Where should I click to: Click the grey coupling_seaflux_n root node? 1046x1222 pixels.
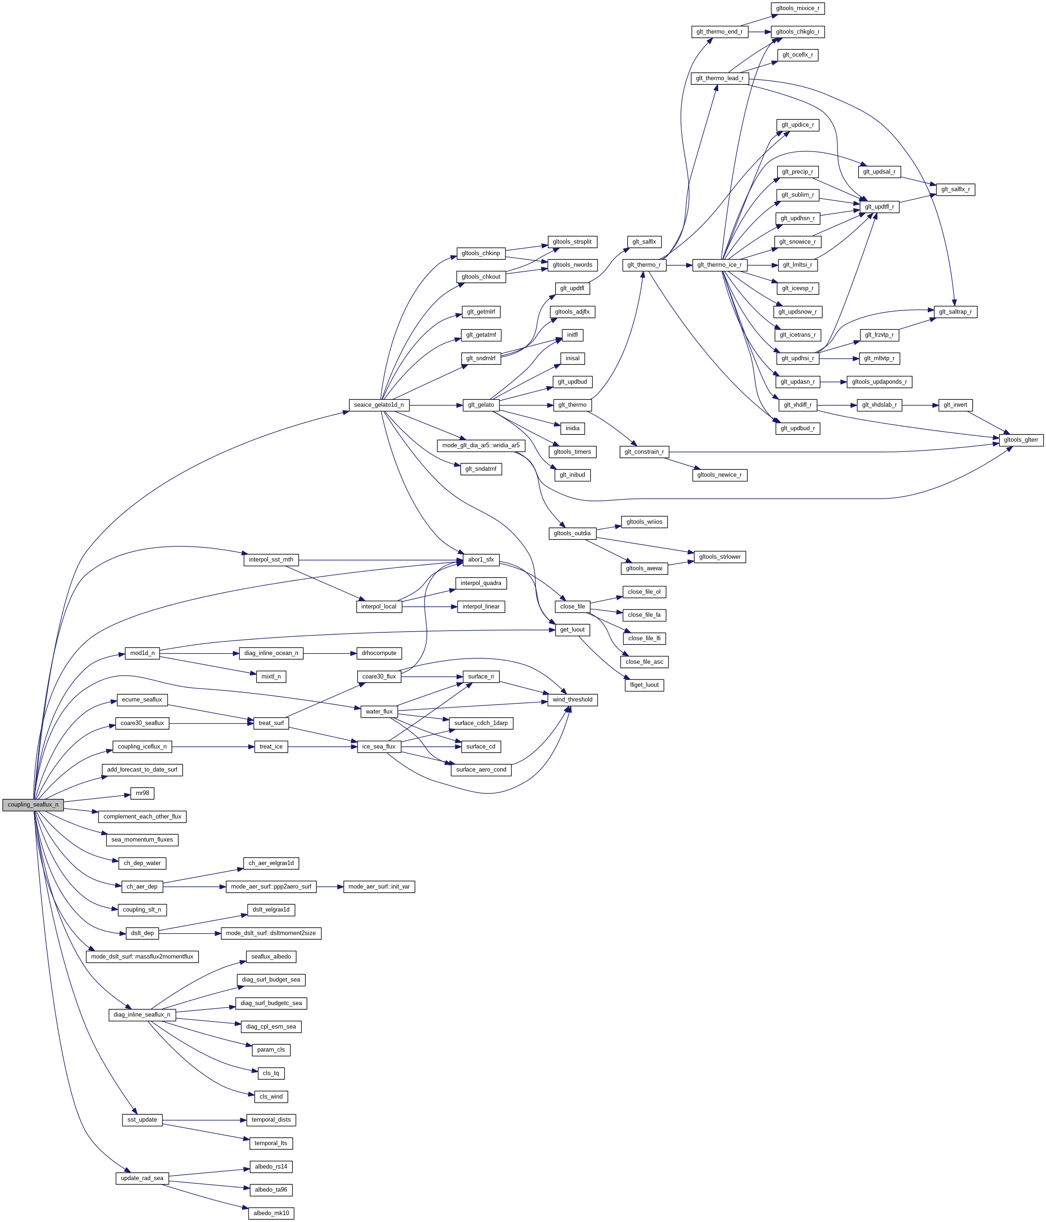click(33, 804)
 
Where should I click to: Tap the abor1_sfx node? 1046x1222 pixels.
click(481, 560)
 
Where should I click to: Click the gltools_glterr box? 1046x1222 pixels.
click(1021, 440)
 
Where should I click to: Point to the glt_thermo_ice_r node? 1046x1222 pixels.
click(719, 265)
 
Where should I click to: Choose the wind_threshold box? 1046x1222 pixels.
click(572, 700)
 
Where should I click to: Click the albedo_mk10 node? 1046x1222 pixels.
click(271, 1213)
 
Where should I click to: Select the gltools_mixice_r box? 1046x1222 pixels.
click(797, 8)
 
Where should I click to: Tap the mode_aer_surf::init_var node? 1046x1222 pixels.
click(379, 886)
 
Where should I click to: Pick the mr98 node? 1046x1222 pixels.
click(142, 793)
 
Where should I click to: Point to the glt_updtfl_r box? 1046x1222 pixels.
click(879, 207)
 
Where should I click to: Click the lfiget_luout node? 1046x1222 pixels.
click(644, 685)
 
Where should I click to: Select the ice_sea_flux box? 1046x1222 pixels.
click(378, 747)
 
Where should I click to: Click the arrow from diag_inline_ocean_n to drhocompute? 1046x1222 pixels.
click(330, 654)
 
